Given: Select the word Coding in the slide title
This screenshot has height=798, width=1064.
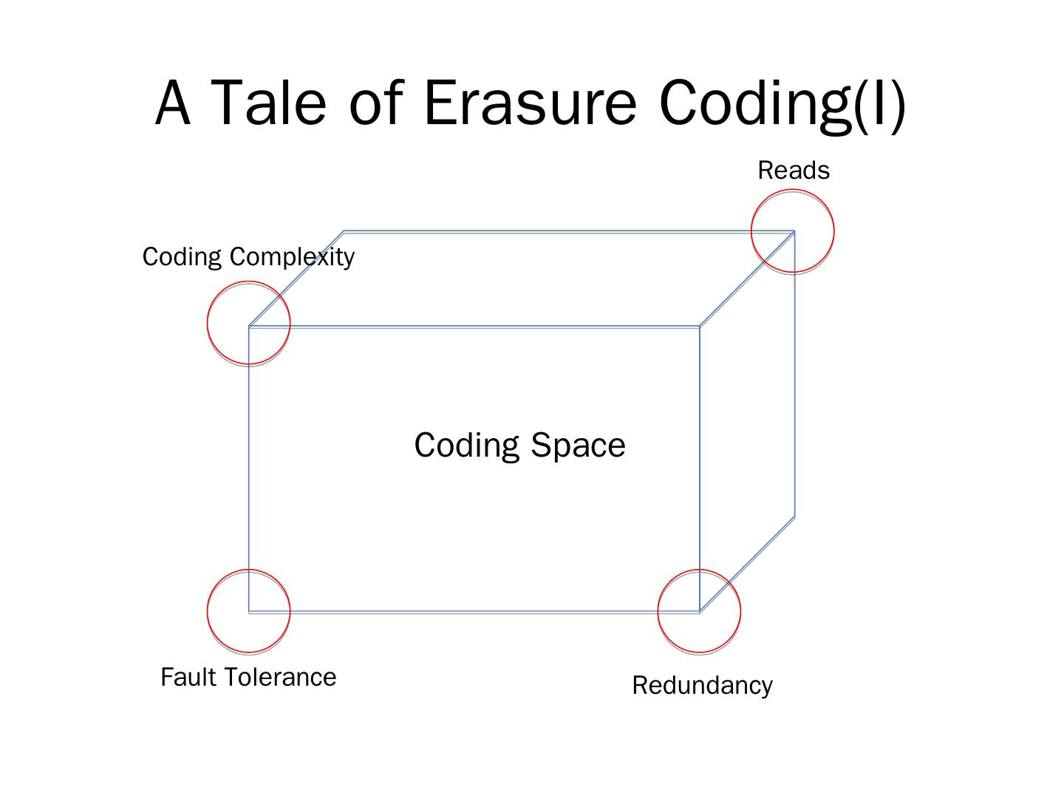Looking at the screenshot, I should pyautogui.click(x=754, y=103).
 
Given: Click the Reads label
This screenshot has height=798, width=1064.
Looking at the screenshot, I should pyautogui.click(x=794, y=171).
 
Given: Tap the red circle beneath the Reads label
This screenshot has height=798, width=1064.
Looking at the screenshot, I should pyautogui.click(x=793, y=231).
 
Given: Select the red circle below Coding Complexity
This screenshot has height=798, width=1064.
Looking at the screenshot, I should pyautogui.click(x=249, y=323).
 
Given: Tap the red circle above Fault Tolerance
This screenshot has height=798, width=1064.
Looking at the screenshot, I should pyautogui.click(x=249, y=611).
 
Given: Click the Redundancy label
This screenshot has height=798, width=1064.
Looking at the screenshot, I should pyautogui.click(x=702, y=686).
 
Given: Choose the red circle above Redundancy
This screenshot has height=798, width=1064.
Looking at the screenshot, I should pyautogui.click(x=699, y=611).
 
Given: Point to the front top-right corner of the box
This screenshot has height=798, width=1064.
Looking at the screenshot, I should pyautogui.click(x=700, y=326).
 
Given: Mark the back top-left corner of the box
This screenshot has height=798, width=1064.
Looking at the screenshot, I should pyautogui.click(x=344, y=232).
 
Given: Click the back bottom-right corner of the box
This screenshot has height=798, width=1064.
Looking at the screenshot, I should pyautogui.click(x=794, y=516).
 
